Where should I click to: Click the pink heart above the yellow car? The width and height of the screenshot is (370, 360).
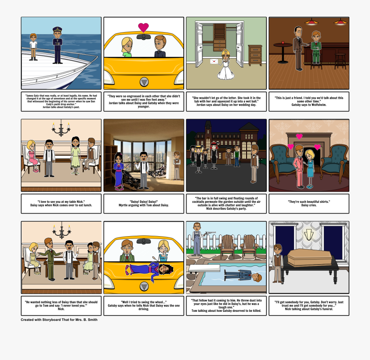pos(143,27)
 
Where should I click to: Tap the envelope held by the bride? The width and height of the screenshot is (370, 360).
pos(214,61)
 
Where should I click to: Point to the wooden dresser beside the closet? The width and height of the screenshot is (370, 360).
pos(255,55)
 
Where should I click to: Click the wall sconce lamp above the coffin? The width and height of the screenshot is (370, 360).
pos(308,235)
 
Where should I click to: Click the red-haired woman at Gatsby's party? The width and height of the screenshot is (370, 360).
pos(214,155)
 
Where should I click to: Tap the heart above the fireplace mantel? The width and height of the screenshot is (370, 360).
pos(299,136)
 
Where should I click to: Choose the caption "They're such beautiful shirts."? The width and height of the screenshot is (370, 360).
pos(309,203)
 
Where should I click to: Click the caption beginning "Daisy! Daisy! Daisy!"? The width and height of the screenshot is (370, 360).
pos(143,203)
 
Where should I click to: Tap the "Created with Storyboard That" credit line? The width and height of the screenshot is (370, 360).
pos(59,320)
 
